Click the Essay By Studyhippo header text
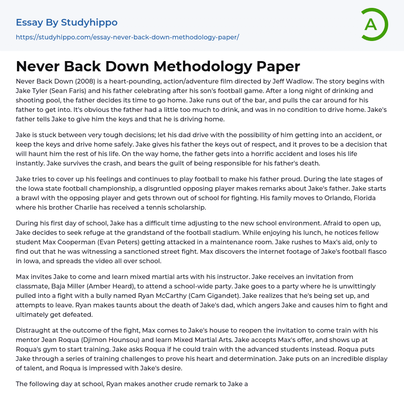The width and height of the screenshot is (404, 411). click(x=67, y=22)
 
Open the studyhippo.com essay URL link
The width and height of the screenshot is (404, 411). click(x=127, y=37)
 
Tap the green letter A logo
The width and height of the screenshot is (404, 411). click(x=372, y=24)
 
